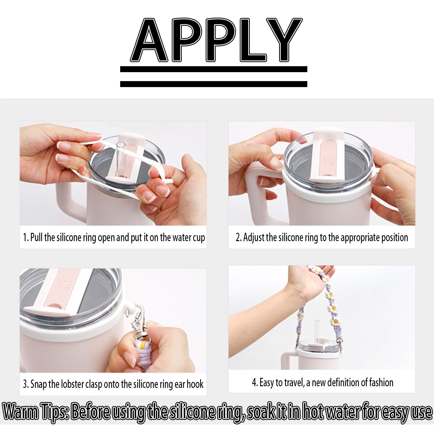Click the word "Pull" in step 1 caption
[36, 237]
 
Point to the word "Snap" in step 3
[39, 384]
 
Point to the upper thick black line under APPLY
[214, 69]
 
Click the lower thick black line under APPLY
[214, 84]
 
